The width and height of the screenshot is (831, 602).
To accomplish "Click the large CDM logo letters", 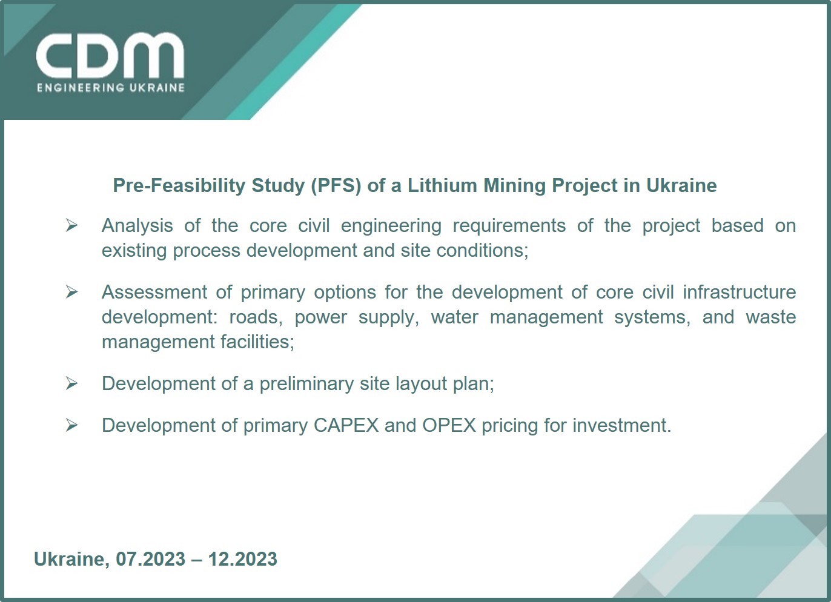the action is (110, 56).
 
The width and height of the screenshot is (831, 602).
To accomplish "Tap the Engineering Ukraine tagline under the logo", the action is (111, 88).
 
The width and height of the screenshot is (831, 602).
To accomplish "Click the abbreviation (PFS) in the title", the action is (336, 186).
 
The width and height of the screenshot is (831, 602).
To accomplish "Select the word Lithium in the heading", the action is (442, 185).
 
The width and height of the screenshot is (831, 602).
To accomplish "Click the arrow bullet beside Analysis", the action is (71, 225).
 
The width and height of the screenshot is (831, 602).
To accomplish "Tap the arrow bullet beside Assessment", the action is (71, 292).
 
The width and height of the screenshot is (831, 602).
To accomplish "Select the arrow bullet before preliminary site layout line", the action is (71, 383).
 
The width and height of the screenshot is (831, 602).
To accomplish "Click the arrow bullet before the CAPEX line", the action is (71, 425).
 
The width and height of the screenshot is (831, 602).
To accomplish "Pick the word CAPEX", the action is (346, 425).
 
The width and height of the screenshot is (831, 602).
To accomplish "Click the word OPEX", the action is (449, 425).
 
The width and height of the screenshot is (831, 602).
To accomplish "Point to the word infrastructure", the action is (740, 292).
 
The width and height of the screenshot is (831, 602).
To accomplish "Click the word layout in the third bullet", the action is (421, 384).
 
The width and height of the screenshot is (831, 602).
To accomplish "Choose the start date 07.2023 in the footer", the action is (150, 559).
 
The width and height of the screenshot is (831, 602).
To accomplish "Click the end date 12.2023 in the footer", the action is (243, 559).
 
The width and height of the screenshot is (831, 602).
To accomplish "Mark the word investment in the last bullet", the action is (622, 425).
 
